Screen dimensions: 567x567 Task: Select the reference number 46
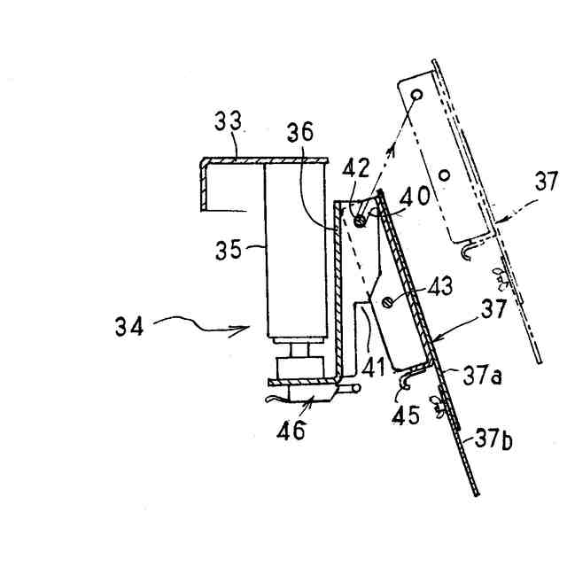coord(292,431)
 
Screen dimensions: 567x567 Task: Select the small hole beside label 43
coord(389,302)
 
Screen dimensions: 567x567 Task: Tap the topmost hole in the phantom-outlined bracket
coord(416,93)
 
